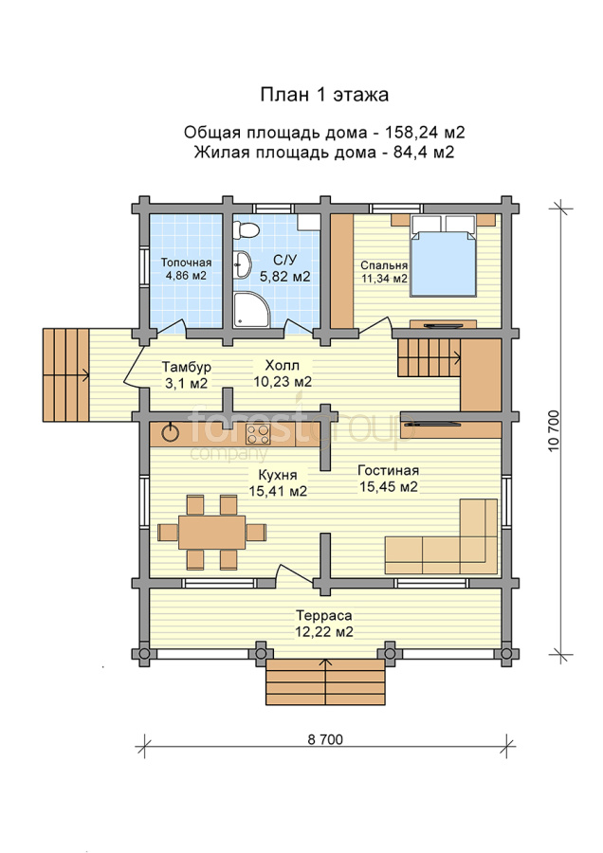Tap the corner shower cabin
click(x=251, y=310)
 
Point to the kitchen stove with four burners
click(x=258, y=435)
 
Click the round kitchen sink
click(x=172, y=433)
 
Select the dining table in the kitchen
click(x=211, y=532)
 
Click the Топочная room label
click(x=186, y=263)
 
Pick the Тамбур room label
click(x=187, y=367)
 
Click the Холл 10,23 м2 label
click(x=283, y=373)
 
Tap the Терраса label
click(x=324, y=616)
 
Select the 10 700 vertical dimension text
click(x=554, y=431)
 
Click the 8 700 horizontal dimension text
click(x=325, y=739)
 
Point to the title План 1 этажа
click(x=324, y=95)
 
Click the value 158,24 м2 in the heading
click(x=425, y=132)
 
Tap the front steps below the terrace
click(x=326, y=682)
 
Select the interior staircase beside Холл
click(x=429, y=357)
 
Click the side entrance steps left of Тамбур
click(x=65, y=374)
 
